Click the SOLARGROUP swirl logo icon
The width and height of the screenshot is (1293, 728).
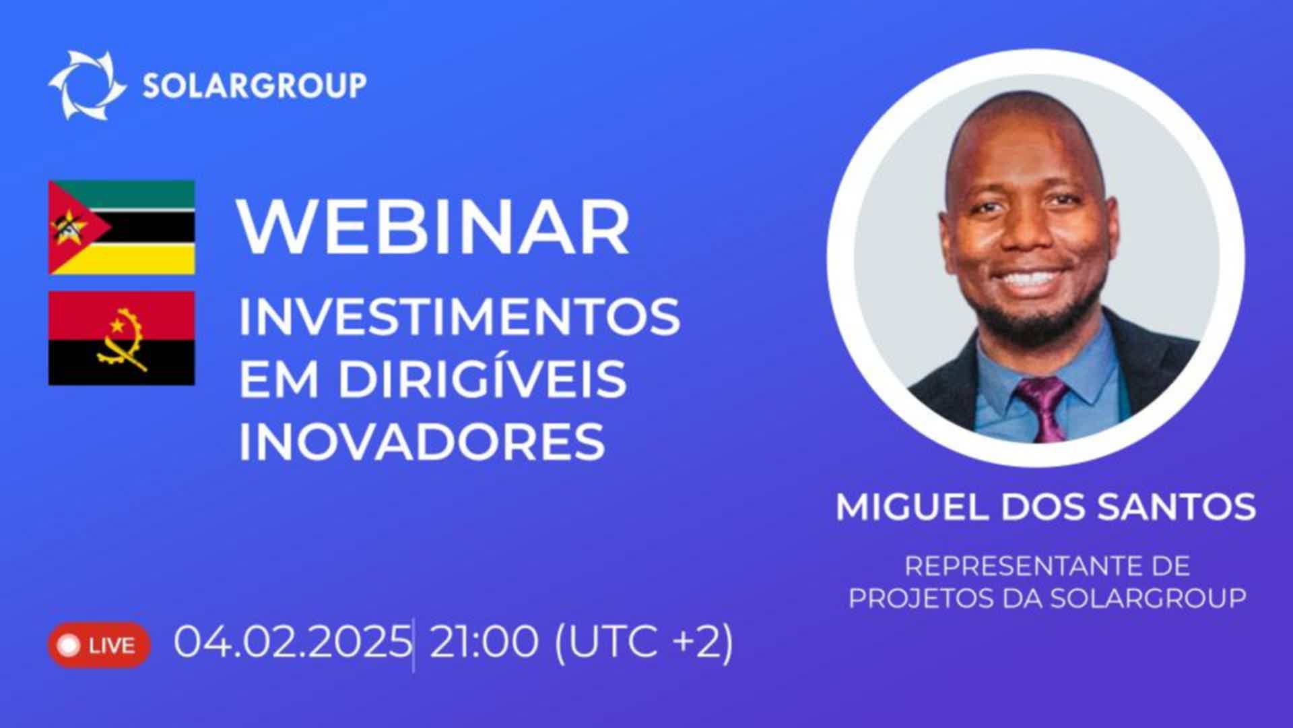pyautogui.click(x=87, y=85)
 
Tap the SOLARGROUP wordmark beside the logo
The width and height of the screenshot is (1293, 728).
pyautogui.click(x=255, y=86)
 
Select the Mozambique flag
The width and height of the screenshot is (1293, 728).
pyautogui.click(x=122, y=227)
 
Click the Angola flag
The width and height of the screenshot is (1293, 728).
pyautogui.click(x=122, y=338)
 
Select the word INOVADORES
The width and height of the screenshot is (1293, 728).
pyautogui.click(x=422, y=442)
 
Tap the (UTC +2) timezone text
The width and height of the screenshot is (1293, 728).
pyautogui.click(x=643, y=642)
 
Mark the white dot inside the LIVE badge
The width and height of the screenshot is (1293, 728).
pyautogui.click(x=69, y=645)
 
